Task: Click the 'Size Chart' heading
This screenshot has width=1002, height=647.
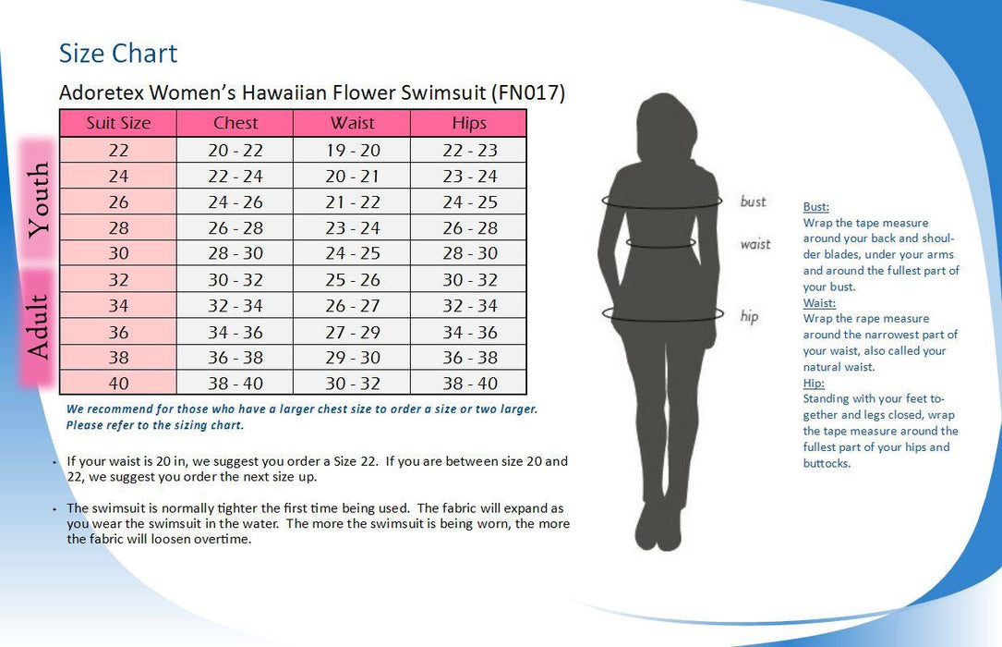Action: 118,54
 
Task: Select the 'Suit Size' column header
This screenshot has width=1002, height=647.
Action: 118,123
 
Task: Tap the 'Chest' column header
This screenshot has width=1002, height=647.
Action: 235,123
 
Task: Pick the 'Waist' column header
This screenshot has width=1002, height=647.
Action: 353,123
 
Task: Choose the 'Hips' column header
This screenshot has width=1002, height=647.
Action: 469,123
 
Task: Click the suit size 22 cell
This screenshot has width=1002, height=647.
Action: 118,150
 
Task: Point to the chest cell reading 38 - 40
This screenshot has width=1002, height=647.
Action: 235,383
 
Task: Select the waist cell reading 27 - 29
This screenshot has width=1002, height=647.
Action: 353,332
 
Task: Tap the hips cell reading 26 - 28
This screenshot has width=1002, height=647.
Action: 469,227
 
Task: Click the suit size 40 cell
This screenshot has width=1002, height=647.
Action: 118,383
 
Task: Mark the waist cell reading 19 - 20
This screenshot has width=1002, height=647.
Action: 353,150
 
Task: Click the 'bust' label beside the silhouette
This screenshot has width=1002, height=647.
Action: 753,201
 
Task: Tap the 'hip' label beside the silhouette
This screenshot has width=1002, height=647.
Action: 749,316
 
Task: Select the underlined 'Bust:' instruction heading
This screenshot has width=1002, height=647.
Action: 815,207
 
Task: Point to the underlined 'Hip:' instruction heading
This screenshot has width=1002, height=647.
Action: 814,383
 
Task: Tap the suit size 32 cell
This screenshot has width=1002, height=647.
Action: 118,279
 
